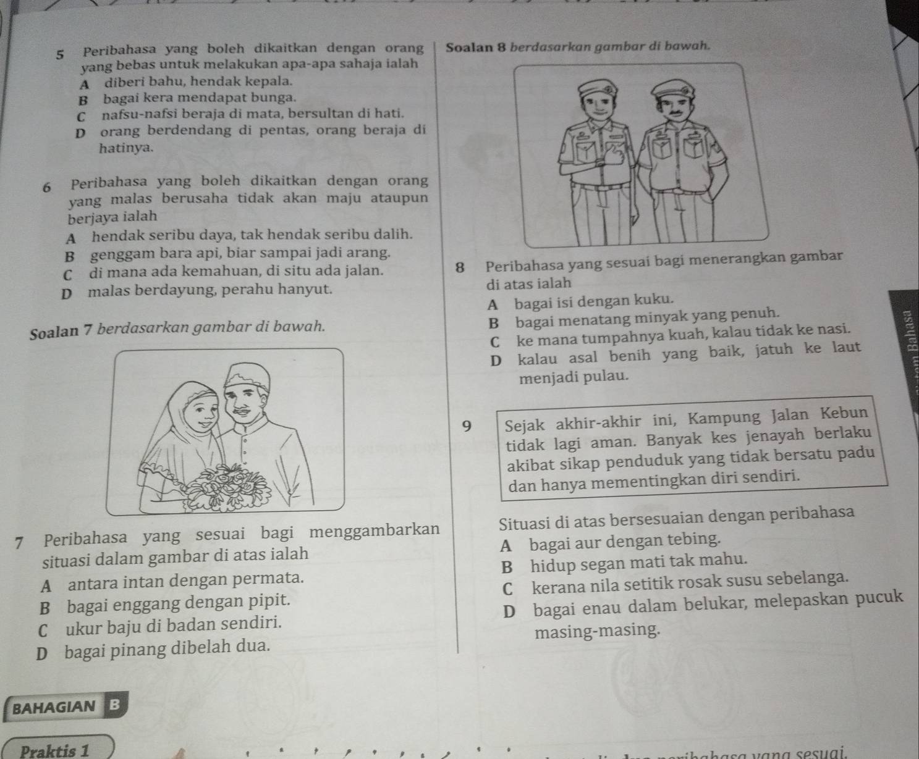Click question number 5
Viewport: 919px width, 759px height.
pyautogui.click(x=60, y=52)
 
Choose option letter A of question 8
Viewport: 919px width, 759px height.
pyautogui.click(x=493, y=304)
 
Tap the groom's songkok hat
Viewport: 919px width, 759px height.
pyautogui.click(x=248, y=378)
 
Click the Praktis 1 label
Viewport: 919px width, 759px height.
pyautogui.click(x=55, y=751)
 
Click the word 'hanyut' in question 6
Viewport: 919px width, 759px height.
pyautogui.click(x=310, y=288)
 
